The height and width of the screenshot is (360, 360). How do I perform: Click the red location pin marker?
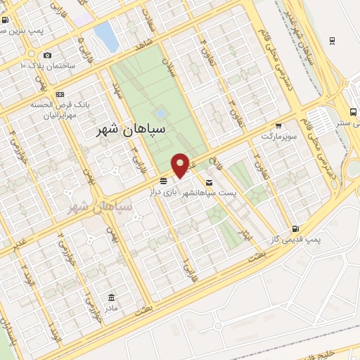click(x=181, y=165)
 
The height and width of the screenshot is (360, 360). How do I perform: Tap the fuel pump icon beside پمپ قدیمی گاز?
click(x=295, y=228)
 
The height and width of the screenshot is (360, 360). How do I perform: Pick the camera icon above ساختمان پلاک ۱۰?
click(x=47, y=55)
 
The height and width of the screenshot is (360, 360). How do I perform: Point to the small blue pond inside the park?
click(x=161, y=112)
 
